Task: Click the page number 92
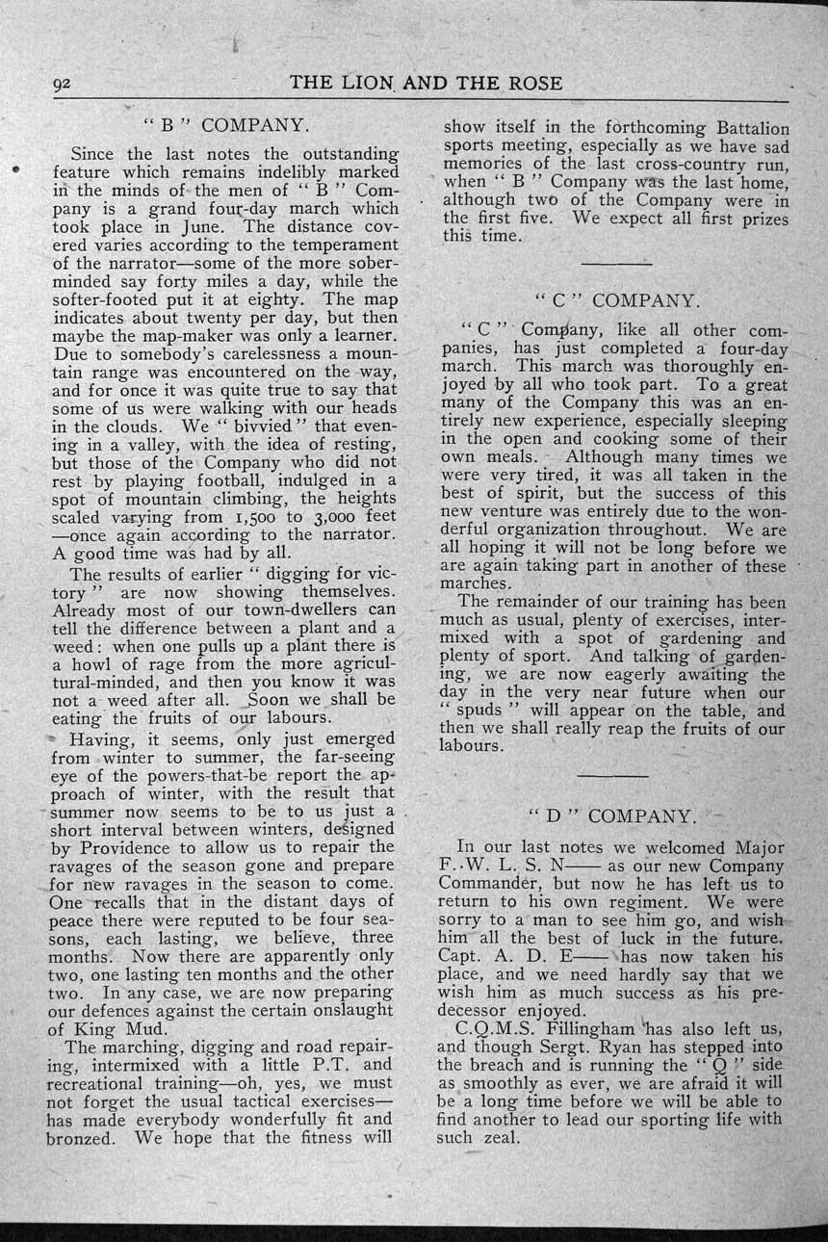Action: (x=63, y=85)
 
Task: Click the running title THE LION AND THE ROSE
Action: (x=426, y=84)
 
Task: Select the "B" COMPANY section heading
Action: (x=227, y=125)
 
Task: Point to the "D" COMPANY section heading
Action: (x=611, y=816)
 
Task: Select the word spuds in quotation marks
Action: (x=479, y=711)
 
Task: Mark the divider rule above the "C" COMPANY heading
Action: (x=616, y=262)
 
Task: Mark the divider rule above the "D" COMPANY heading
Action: (x=613, y=776)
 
